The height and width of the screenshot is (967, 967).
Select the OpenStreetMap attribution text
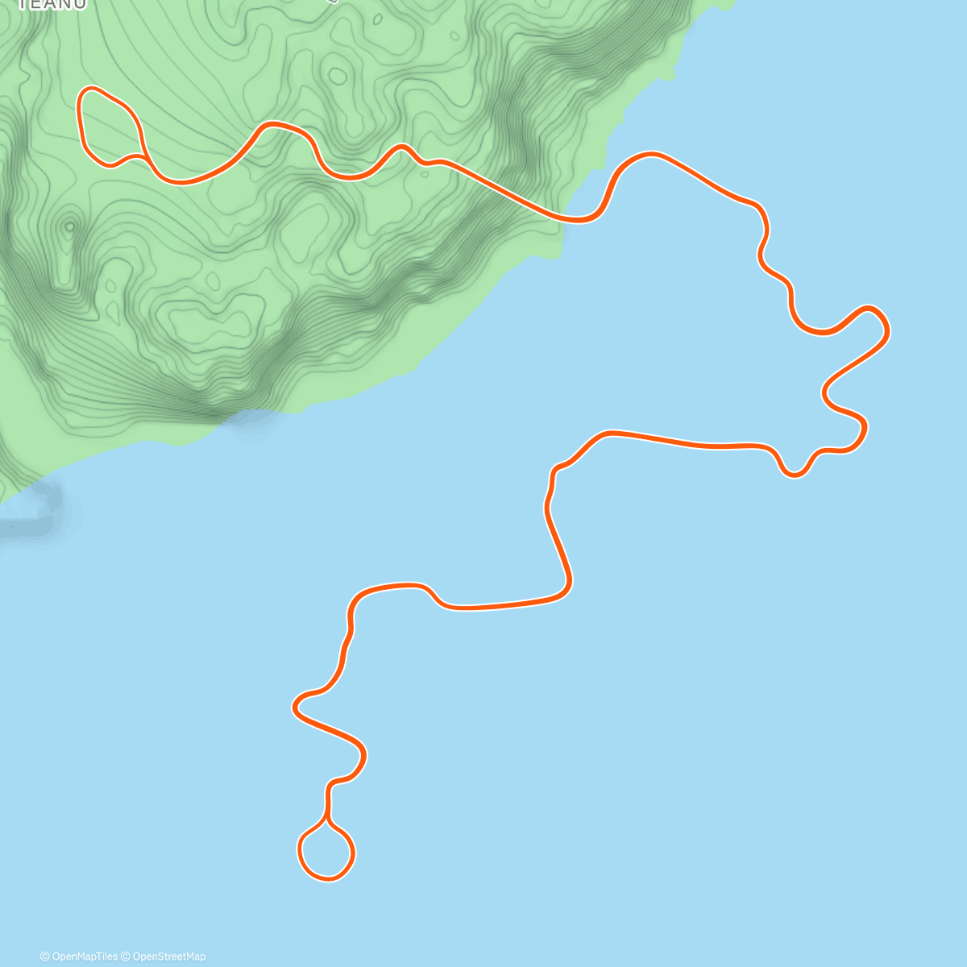pyautogui.click(x=168, y=957)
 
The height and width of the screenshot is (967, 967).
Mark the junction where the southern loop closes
pyautogui.click(x=327, y=819)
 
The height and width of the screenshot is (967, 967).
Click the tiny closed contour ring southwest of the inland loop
pyautogui.click(x=69, y=226)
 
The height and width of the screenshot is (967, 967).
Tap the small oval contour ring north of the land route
pyautogui.click(x=338, y=77)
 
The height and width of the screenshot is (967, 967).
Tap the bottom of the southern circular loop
pyautogui.click(x=326, y=878)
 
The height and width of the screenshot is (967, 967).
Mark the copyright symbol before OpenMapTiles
pyautogui.click(x=45, y=957)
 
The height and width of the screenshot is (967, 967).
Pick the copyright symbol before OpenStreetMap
pyautogui.click(x=125, y=957)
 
